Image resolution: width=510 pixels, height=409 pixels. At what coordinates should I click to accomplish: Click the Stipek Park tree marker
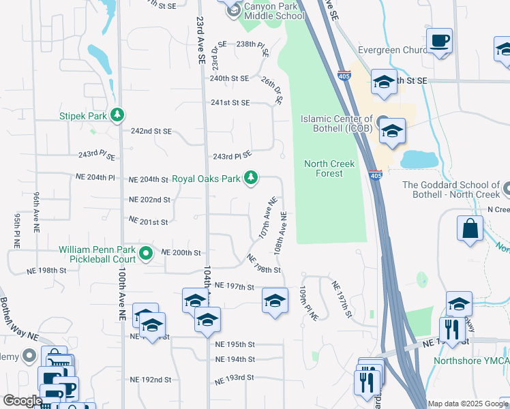[x=118, y=115]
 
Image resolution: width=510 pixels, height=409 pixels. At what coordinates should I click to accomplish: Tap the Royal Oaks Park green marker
[x=252, y=179]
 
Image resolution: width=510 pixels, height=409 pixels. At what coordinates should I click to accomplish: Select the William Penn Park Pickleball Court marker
[x=145, y=254]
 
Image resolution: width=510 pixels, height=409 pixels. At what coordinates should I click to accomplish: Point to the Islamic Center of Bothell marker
[x=381, y=119]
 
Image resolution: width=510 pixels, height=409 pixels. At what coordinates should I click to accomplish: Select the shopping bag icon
[x=470, y=228]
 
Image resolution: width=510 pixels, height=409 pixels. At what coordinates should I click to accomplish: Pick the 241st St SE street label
[x=230, y=102]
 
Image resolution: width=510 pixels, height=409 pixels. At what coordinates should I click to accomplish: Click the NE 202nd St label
[x=149, y=200]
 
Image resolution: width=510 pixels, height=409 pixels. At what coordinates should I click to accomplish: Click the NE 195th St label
[x=234, y=344]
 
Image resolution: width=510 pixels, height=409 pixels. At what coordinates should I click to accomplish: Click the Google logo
[x=22, y=401]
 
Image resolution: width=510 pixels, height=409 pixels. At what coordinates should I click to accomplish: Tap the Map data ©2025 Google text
[x=467, y=404]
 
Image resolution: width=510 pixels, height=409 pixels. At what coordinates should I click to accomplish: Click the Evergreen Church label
[x=390, y=50]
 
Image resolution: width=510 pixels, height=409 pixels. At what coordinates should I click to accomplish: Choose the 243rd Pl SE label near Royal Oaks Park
[x=232, y=155]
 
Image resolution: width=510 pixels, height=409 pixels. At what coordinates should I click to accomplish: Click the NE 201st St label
[x=148, y=222]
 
